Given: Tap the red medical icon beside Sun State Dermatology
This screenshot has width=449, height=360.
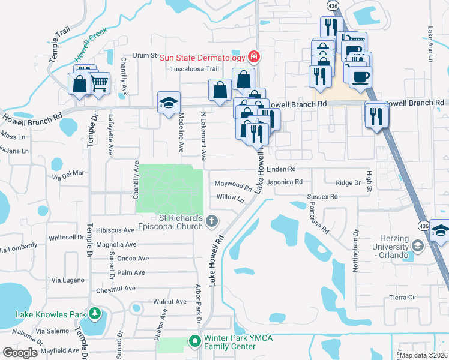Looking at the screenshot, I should click(x=254, y=57).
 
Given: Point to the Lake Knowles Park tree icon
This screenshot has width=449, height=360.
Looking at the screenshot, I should click(x=94, y=314).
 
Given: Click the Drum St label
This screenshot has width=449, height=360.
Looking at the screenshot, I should click(x=144, y=55).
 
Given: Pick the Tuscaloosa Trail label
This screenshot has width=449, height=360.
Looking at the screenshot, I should click(x=192, y=68).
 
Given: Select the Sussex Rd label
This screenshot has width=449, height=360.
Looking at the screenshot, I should click(x=322, y=196).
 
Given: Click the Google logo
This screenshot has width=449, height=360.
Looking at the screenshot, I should click(x=20, y=353).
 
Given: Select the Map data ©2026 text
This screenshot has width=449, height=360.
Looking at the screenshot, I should click(x=423, y=355).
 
